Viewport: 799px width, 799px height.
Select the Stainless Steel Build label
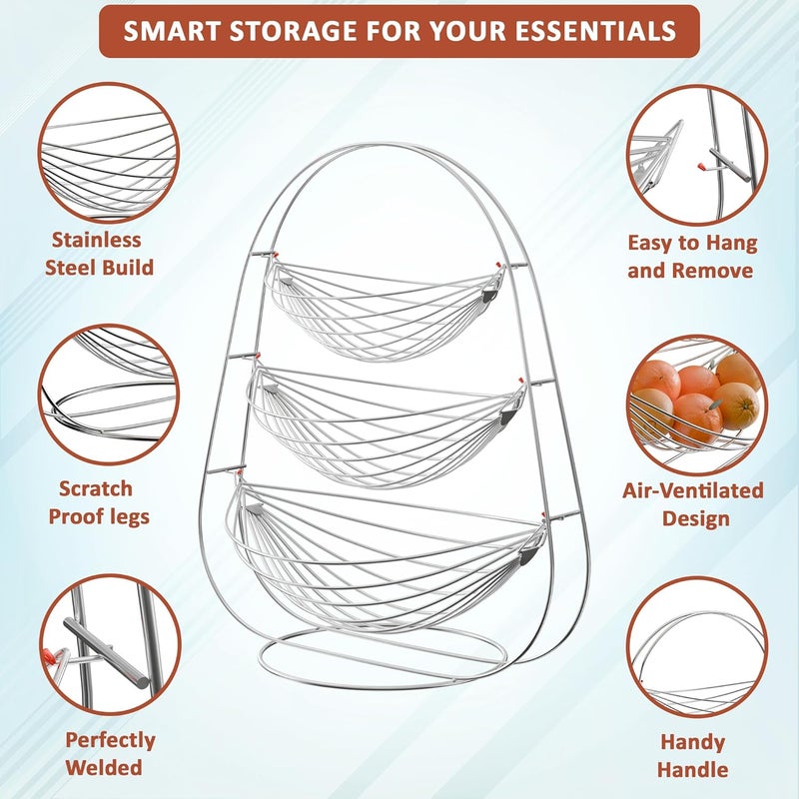coord(104,253)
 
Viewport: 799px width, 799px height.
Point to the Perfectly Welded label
coord(110,753)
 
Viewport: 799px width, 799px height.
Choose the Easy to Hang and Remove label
coord(692,256)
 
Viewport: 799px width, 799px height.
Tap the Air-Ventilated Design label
coord(693,503)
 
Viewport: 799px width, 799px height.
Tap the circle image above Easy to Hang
coord(697,153)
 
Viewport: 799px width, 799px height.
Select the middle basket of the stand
coord(386,419)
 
